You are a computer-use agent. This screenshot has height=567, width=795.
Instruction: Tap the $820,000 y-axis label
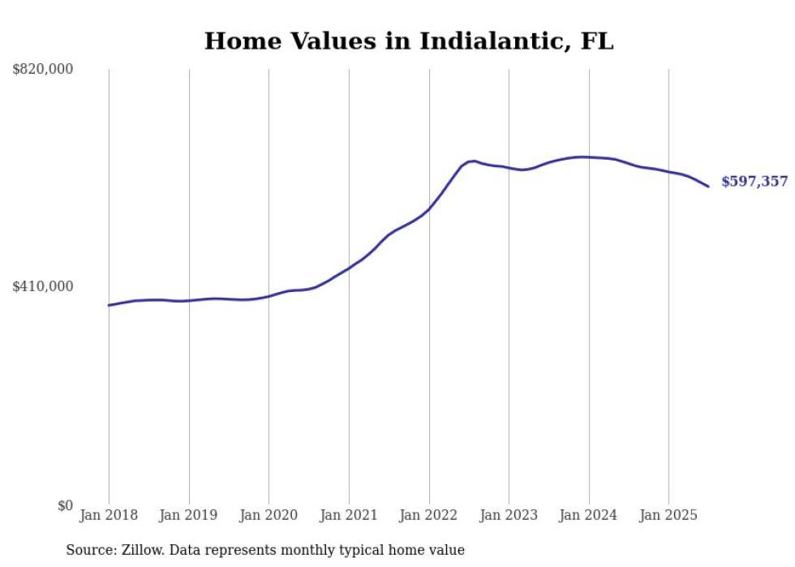[42, 70]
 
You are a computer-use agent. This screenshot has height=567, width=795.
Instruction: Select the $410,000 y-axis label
[42, 286]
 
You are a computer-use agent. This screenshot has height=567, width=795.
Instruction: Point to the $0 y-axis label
[64, 506]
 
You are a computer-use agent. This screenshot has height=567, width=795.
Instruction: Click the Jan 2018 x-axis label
[109, 515]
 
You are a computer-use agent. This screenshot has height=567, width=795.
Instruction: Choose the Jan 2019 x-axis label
[189, 515]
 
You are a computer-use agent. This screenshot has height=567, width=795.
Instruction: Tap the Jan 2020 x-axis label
[269, 515]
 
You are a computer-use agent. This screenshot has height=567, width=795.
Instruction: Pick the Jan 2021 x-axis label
[349, 515]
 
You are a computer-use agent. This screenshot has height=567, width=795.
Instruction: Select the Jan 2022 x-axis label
[429, 515]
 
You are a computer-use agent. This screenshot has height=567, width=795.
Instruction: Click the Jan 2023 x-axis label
[509, 515]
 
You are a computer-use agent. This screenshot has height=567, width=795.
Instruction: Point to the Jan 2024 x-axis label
[589, 515]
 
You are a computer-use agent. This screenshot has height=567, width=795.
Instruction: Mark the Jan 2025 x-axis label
[668, 515]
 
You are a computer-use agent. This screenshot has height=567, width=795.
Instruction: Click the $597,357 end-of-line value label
[754, 182]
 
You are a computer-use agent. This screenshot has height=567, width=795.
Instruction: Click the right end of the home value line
[708, 187]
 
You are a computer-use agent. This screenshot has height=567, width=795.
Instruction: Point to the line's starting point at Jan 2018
[109, 305]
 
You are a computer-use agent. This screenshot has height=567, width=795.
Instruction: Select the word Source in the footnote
[90, 550]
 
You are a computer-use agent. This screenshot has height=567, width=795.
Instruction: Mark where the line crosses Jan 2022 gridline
[429, 208]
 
